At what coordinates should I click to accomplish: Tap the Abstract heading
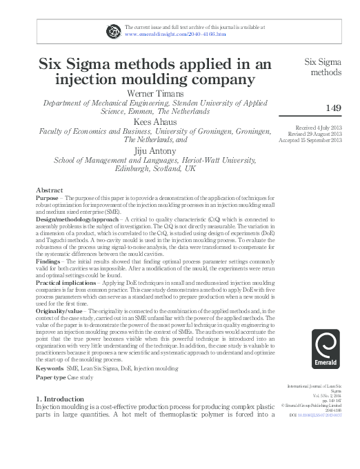tap(50, 190)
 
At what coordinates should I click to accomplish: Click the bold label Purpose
tap(47, 197)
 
